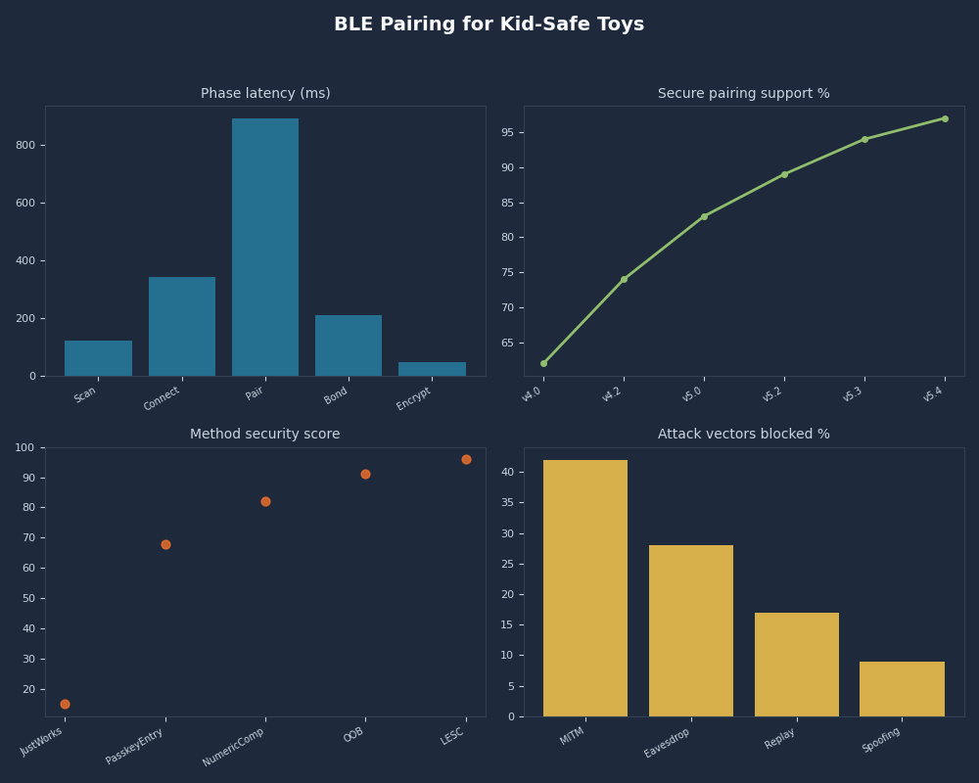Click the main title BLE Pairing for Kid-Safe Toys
click(x=489, y=24)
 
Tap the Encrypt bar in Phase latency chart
click(x=432, y=369)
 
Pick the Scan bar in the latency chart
click(x=98, y=358)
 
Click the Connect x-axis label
click(x=163, y=398)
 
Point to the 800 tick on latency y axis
click(x=25, y=145)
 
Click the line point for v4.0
click(x=543, y=363)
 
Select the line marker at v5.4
click(x=945, y=118)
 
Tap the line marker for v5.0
click(x=704, y=216)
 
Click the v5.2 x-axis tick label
click(x=772, y=394)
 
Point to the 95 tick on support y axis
click(x=507, y=132)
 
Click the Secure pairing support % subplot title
click(x=743, y=94)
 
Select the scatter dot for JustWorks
click(x=65, y=704)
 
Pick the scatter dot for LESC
click(x=466, y=459)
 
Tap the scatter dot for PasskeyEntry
click(x=165, y=544)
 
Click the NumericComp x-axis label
click(x=234, y=747)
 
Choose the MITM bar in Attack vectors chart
click(x=585, y=588)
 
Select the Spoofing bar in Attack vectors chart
click(x=902, y=689)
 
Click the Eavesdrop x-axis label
click(x=668, y=743)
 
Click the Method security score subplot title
click(x=265, y=435)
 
